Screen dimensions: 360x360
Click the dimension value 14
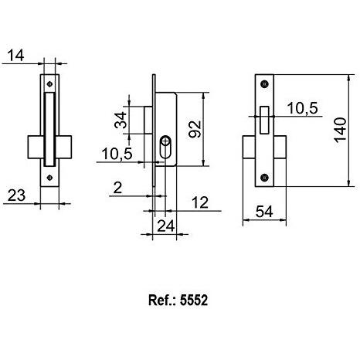15,56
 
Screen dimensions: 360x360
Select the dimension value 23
16,195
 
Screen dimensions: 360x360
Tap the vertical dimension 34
121,120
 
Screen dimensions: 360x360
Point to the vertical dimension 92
195,129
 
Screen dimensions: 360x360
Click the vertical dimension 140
341,130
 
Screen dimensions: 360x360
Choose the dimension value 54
264,212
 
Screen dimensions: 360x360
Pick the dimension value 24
166,226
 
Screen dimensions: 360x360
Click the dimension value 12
200,202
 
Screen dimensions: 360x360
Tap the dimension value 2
117,188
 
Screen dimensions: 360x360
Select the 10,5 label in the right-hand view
302,108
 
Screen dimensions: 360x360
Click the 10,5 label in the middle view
117,154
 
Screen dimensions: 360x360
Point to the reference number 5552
194,300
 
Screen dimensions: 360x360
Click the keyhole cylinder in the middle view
165,147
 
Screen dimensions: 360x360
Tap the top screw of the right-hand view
264,84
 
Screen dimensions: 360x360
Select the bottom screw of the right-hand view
264,178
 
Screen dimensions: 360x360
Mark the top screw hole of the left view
49,84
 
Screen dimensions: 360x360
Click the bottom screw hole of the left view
49,178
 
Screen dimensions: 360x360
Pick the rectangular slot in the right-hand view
264,120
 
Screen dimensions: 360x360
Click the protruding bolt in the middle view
148,120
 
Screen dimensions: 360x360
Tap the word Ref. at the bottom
158,300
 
